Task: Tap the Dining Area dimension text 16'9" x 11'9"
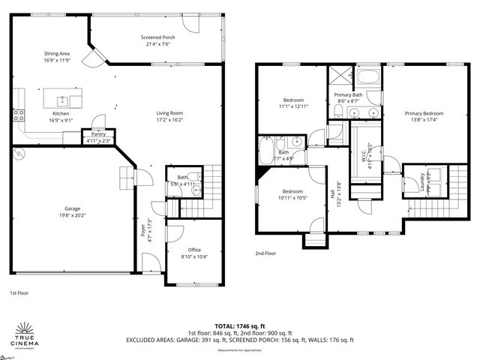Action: tap(57, 61)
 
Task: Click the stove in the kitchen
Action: tap(19, 115)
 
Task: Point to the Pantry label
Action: tap(98, 134)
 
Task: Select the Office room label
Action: tap(194, 250)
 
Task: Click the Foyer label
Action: tap(143, 230)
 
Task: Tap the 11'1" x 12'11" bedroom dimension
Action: tap(292, 106)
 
